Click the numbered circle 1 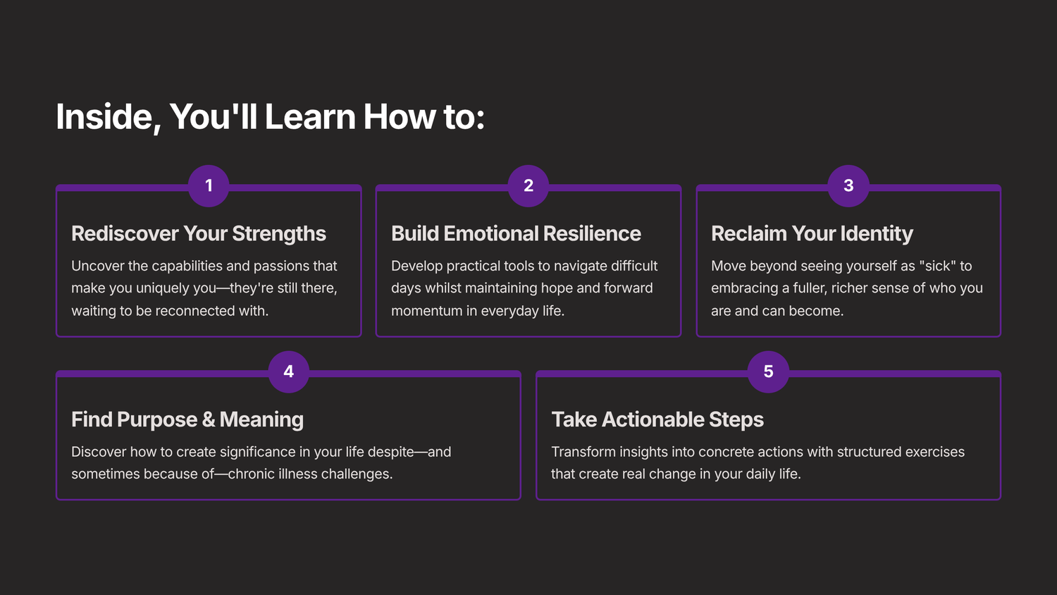(209, 185)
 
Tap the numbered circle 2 (528, 185)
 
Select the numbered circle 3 (848, 185)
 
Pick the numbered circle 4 (289, 372)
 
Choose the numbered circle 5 (768, 372)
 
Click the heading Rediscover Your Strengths (199, 233)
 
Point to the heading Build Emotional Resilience (516, 233)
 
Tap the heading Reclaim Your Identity (812, 233)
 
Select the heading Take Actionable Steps (657, 419)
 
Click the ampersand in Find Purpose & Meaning (209, 419)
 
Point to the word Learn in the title (310, 117)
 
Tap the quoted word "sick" (937, 266)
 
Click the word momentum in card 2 (426, 311)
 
